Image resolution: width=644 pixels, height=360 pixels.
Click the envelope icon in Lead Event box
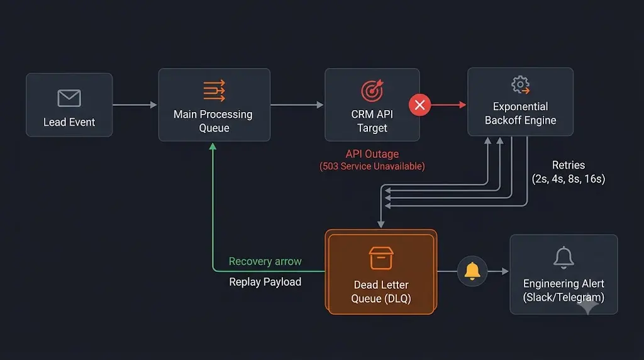pos(69,98)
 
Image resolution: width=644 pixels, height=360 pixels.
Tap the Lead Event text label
pos(69,122)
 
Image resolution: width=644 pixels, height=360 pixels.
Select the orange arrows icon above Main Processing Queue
pos(214,91)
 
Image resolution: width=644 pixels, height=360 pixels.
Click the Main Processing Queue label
pos(213,121)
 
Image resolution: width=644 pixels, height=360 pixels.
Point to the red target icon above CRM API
pos(372,91)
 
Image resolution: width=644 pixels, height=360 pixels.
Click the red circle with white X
pos(419,105)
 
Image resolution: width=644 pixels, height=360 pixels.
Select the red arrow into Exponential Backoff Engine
pos(448,105)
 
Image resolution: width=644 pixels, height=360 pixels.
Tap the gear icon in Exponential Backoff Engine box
pos(520,85)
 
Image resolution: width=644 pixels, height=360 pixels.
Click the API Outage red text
pos(372,154)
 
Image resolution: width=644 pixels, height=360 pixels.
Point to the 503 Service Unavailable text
pos(372,166)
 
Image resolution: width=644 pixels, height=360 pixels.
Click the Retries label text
pos(569,165)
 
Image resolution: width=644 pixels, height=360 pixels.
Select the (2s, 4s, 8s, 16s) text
pos(569,179)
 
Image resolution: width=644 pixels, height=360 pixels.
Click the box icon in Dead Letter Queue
pos(381,258)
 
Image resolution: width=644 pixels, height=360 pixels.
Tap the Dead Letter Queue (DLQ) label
pos(381,291)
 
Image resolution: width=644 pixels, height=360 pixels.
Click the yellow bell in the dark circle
pos(472,271)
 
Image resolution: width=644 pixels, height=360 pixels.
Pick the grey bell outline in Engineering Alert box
pos(563,257)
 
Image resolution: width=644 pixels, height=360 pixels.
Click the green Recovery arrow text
pos(265,261)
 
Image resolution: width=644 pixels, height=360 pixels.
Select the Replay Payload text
pos(265,282)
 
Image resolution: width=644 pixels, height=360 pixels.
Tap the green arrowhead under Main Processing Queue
pos(213,146)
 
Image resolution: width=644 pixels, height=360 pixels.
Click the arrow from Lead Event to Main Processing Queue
pos(135,105)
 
